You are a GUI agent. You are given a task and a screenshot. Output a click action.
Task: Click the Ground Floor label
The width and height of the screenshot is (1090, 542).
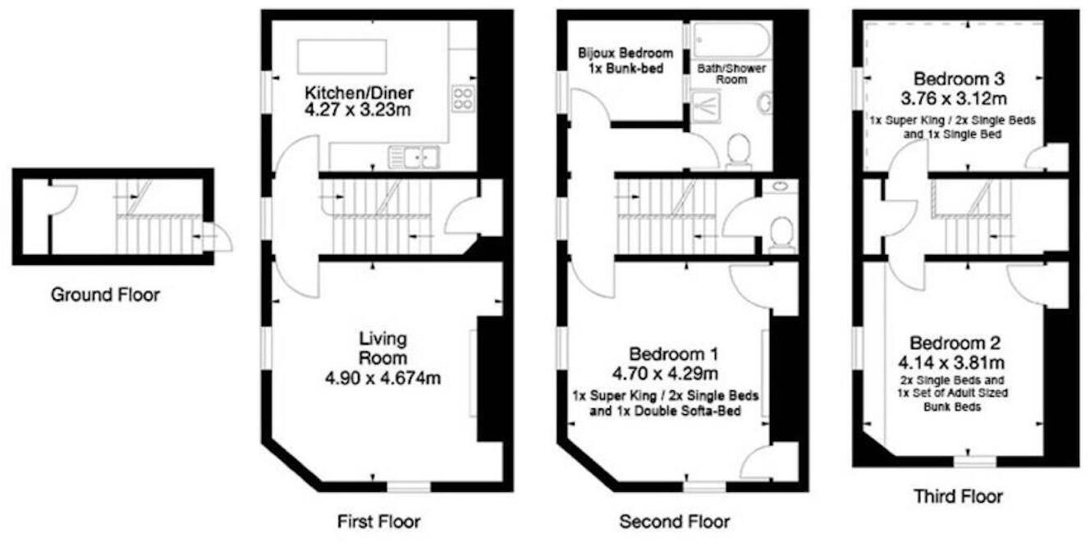(105, 294)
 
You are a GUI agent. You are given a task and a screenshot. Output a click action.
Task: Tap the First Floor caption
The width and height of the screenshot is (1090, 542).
(378, 521)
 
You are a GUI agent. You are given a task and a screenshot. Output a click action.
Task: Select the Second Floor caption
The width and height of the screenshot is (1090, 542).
(674, 522)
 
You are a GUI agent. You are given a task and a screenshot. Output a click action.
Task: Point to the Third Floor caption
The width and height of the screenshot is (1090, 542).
(958, 496)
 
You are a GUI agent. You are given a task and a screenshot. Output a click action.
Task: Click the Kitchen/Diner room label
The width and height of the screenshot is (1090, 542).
(360, 91)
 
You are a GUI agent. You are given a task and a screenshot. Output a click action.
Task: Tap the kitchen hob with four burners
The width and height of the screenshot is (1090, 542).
(463, 98)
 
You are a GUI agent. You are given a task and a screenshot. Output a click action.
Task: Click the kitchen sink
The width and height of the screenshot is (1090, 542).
(414, 153)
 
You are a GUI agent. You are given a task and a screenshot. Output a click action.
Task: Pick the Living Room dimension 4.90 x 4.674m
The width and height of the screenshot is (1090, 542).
(382, 379)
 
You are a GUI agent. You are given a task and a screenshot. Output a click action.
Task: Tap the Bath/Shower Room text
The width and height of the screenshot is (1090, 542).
(731, 74)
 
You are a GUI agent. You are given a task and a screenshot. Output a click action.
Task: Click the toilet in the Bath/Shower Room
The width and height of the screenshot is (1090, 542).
(738, 151)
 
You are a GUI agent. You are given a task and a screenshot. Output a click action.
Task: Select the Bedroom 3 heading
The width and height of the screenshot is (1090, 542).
(959, 80)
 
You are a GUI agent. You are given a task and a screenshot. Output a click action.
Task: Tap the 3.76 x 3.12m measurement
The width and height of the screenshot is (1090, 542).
(959, 99)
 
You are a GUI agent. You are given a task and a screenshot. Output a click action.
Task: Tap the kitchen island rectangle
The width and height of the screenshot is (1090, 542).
(342, 55)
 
